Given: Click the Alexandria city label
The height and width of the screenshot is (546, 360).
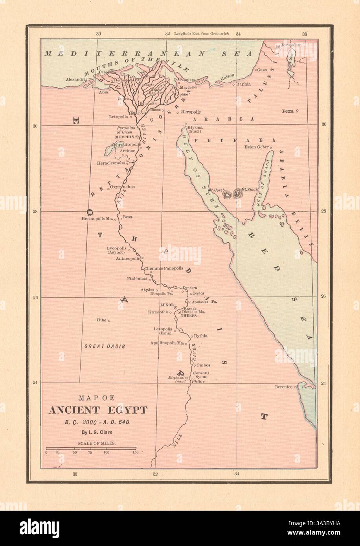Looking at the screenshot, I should point(76,79).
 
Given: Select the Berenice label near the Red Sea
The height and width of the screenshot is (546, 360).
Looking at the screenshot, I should point(284,387).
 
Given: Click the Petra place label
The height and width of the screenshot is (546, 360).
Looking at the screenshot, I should point(287,111).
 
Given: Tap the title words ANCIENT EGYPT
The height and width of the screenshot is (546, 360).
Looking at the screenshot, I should point(98,410).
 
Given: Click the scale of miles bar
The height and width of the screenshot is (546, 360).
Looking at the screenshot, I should point(91,448).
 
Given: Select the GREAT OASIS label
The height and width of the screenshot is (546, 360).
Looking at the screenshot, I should point(105,346).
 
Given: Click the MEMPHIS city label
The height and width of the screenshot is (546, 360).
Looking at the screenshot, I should point(124,137).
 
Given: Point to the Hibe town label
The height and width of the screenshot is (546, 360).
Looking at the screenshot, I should point(101,320).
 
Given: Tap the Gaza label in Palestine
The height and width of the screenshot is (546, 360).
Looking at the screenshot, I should point(262,70).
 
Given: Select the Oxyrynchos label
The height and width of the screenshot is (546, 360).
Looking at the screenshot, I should point(122,187).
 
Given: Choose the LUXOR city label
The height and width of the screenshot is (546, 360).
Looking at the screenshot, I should point(167,305).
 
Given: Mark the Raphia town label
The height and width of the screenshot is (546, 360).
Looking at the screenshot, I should point(244,84).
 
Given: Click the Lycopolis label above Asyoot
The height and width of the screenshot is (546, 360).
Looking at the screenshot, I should point(116,248).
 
